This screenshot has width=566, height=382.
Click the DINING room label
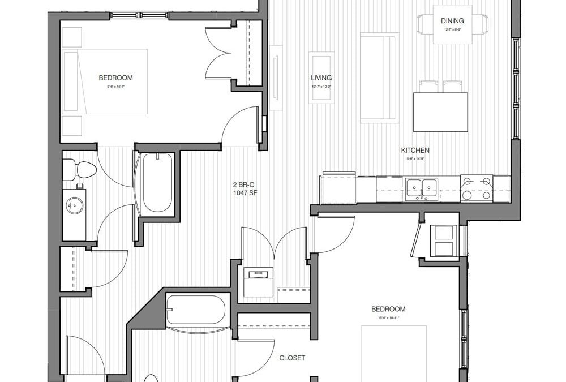(x=452, y=21)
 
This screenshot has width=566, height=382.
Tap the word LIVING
(x=321, y=78)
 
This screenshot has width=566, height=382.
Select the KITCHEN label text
(x=415, y=150)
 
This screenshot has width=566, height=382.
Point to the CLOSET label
(x=292, y=358)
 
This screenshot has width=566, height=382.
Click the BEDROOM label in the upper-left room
(x=115, y=78)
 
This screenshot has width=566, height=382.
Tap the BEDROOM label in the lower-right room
(x=388, y=309)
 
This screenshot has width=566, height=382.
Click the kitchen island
(x=440, y=111)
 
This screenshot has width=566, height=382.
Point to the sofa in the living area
(x=379, y=78)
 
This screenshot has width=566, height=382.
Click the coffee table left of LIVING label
(x=321, y=78)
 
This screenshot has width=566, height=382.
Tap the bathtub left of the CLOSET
(x=196, y=310)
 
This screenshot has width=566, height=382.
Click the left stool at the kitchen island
(x=428, y=86)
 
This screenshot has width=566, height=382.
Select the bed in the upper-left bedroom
(x=105, y=81)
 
